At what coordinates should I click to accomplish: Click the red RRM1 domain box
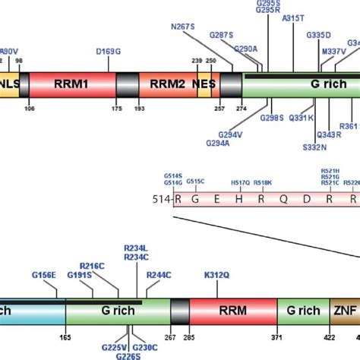pyautogui.click(x=72, y=84)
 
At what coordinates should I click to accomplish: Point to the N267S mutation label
pyautogui.click(x=182, y=27)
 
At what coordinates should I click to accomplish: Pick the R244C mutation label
pyautogui.click(x=159, y=274)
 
